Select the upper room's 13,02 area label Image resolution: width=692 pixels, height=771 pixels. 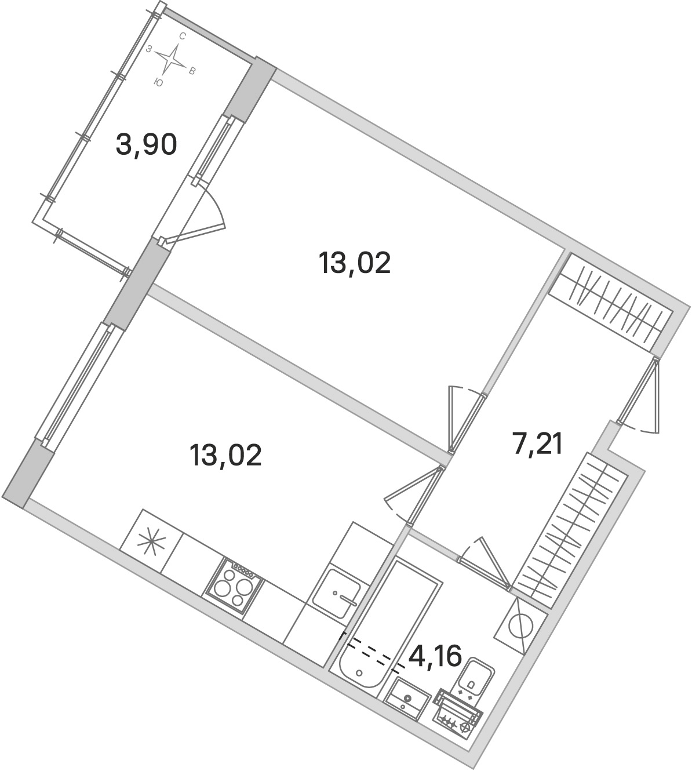[x=355, y=264]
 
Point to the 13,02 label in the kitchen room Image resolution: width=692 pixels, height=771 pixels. [x=226, y=455]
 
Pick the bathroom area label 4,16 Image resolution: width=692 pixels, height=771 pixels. [x=435, y=656]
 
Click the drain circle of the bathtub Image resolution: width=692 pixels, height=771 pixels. [x=359, y=673]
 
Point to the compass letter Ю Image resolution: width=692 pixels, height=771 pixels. [x=158, y=83]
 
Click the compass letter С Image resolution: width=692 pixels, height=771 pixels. [x=182, y=36]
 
